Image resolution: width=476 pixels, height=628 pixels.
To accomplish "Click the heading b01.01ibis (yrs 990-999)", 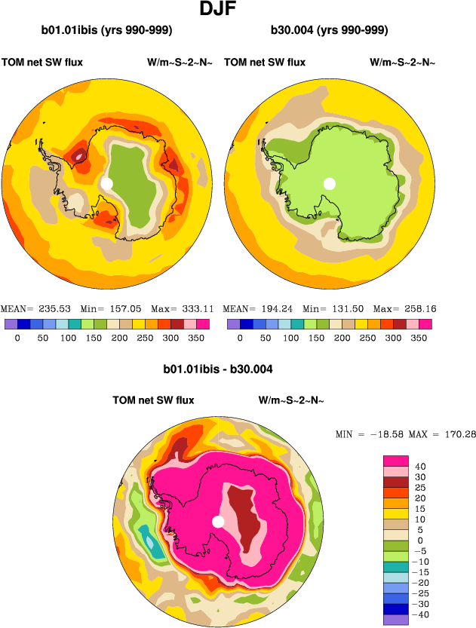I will (x=107, y=31).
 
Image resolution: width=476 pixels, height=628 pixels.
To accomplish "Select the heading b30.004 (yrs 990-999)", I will (x=330, y=31).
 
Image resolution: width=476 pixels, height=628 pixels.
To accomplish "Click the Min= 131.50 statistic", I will (x=333, y=309).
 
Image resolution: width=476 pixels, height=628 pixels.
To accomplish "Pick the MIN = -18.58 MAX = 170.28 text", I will (x=405, y=434).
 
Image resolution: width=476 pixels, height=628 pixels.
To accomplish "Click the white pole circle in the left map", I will (x=106, y=183).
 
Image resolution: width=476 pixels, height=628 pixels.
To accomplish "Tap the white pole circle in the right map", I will (x=329, y=183).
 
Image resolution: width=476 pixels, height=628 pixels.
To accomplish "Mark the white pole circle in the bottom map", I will (x=218, y=522).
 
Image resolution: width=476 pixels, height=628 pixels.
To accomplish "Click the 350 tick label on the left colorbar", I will (x=195, y=339).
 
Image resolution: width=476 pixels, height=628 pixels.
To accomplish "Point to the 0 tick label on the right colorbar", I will (x=240, y=339).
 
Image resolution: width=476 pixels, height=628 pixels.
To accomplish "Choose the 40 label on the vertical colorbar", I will (x=422, y=466).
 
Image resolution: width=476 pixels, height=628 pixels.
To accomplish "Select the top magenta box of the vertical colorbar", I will (x=396, y=461).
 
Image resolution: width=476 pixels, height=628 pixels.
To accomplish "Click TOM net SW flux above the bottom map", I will (x=153, y=400).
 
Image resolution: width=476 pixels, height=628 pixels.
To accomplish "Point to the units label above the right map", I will (x=402, y=63).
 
